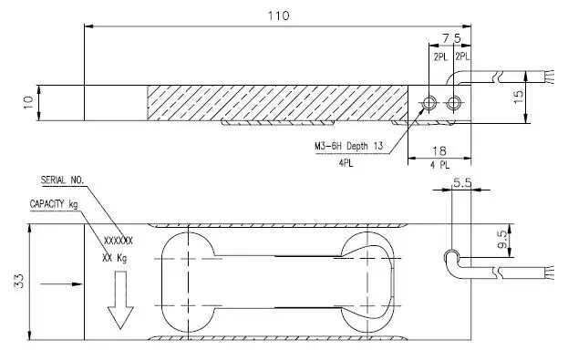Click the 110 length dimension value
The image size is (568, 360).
(x=278, y=15)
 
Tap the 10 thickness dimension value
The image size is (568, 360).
(x=28, y=102)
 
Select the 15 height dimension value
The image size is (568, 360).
(x=519, y=97)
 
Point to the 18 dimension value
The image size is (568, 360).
(x=439, y=150)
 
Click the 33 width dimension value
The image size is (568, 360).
(x=19, y=281)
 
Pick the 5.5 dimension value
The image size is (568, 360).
(x=462, y=183)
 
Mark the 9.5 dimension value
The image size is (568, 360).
(x=502, y=240)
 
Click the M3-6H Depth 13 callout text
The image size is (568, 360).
(x=348, y=147)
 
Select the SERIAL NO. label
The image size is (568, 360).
(x=62, y=180)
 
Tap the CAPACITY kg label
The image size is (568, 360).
(x=54, y=204)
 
